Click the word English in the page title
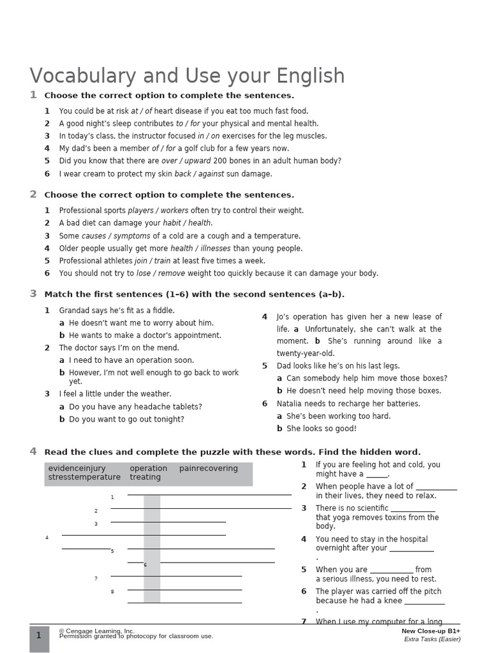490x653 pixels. click(x=310, y=77)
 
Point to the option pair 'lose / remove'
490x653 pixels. click(x=161, y=274)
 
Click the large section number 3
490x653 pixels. click(x=33, y=294)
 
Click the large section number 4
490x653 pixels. click(x=33, y=451)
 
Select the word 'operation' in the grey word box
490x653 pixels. click(x=148, y=469)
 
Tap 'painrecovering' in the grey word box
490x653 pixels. click(x=208, y=469)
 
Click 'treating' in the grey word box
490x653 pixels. click(x=145, y=478)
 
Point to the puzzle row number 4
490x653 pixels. click(x=47, y=538)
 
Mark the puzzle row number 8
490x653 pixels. click(x=112, y=592)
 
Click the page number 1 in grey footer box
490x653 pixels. click(x=39, y=635)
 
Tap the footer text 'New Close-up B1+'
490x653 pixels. click(x=431, y=631)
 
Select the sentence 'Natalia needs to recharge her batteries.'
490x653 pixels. click(x=348, y=404)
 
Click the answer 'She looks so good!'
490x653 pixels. click(x=322, y=429)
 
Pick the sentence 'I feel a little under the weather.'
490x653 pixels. click(x=115, y=394)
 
